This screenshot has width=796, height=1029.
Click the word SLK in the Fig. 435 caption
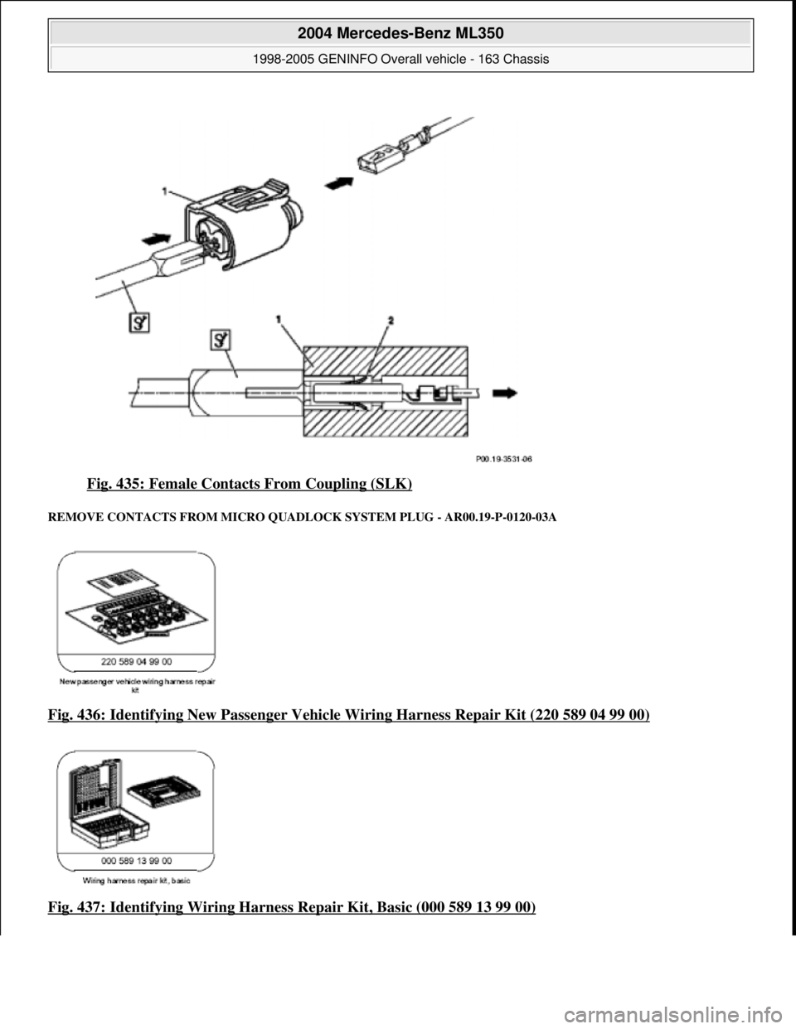pyautogui.click(x=393, y=482)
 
